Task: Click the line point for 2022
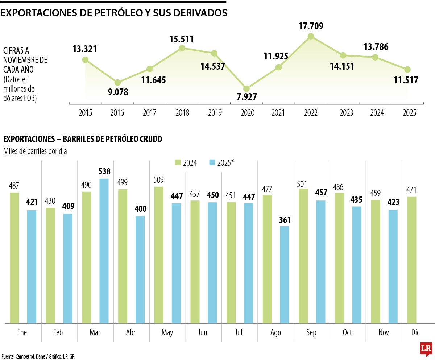pyautogui.click(x=311, y=36)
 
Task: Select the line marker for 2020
pyautogui.click(x=246, y=89)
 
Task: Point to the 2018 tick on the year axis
pyautogui.click(x=182, y=113)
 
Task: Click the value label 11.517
pyautogui.click(x=406, y=80)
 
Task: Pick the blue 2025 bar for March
pyautogui.click(x=104, y=251)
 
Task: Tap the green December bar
pyautogui.click(x=412, y=260)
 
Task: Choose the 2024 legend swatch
pyautogui.click(x=178, y=163)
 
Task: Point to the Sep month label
pyautogui.click(x=311, y=332)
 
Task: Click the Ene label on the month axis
pyautogui.click(x=22, y=332)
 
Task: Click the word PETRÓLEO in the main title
pyautogui.click(x=103, y=13)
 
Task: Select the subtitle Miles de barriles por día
pyautogui.click(x=35, y=152)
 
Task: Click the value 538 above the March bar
pyautogui.click(x=104, y=171)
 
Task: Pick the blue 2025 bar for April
pyautogui.click(x=140, y=269)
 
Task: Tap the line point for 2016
pyautogui.click(x=117, y=83)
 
